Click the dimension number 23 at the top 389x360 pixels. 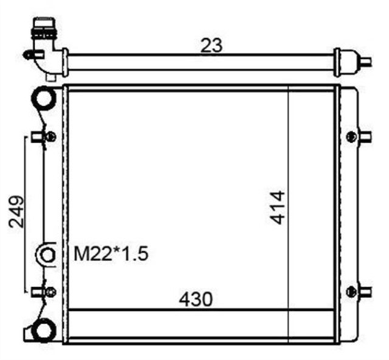tap(211, 46)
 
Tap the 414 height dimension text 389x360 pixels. tap(278, 208)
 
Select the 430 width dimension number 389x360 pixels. tap(196, 299)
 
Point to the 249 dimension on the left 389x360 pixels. tap(16, 211)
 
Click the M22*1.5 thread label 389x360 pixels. tap(111, 254)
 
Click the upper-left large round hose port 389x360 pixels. tap(44, 98)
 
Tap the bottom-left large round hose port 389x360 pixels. tap(43, 330)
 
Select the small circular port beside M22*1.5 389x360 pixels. tap(47, 255)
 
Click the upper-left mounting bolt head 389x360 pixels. tap(51, 137)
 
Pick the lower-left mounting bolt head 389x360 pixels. tap(51, 292)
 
